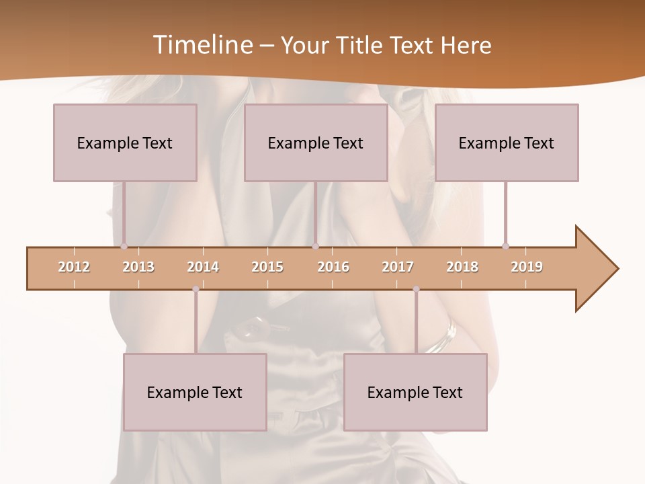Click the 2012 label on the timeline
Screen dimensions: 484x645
(x=74, y=267)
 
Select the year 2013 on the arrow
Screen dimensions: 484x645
(x=138, y=267)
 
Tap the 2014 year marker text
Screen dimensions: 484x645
(x=203, y=267)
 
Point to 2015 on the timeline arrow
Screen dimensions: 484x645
(x=267, y=267)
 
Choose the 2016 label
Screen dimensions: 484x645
(x=333, y=267)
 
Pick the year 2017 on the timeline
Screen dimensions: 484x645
(x=398, y=267)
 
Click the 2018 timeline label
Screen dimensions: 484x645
(x=462, y=267)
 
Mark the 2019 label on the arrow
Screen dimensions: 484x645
(x=527, y=267)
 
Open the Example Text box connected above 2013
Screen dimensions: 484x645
(x=125, y=143)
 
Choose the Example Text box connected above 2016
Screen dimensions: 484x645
(x=316, y=143)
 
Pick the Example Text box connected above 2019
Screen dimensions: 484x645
(x=507, y=143)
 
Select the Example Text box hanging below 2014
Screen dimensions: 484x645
(x=195, y=392)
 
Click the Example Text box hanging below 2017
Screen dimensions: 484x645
(x=415, y=392)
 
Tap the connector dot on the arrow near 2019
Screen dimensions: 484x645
(x=505, y=246)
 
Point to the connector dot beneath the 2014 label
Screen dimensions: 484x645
(x=196, y=289)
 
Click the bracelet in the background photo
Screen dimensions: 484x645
(x=443, y=339)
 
